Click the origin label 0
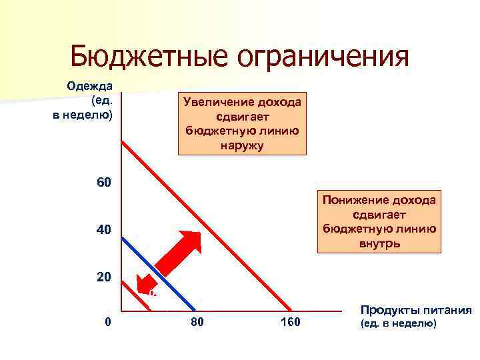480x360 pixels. point(108,323)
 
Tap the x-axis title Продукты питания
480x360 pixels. point(415,311)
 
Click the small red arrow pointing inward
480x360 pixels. point(145,285)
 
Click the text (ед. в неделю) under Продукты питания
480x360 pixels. point(398,324)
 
